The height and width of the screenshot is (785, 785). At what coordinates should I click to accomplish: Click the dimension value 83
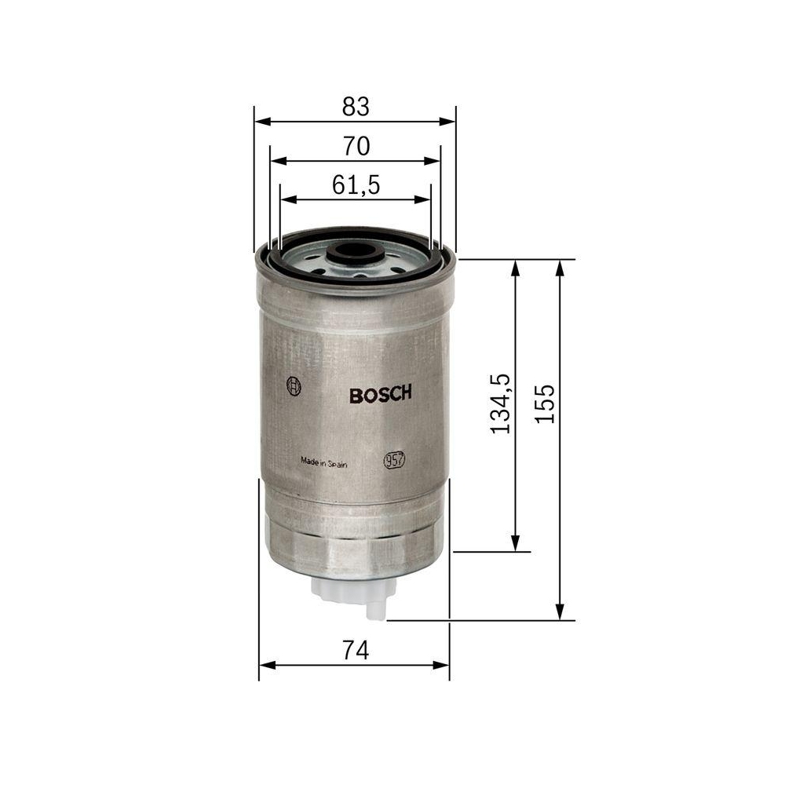pos(355,106)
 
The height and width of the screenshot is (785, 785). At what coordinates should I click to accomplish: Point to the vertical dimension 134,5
pos(500,403)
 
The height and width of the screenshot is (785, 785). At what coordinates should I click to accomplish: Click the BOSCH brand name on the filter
pos(380,395)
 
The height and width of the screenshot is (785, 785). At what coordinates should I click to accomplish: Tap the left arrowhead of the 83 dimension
pos(261,122)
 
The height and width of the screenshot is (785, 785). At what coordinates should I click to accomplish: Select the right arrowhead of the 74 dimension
pos(444,666)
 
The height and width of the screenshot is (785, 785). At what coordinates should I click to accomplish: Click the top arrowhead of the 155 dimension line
pos(560,267)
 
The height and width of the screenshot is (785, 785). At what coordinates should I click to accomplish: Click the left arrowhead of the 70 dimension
pos(276,160)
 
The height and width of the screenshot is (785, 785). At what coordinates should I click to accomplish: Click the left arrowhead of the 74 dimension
pos(265,666)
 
